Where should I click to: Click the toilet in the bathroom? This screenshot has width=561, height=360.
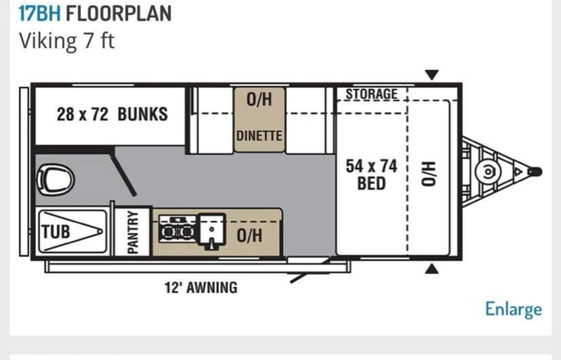click(x=55, y=180)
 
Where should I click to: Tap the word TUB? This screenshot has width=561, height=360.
click(x=55, y=232)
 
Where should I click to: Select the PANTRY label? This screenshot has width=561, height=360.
click(x=132, y=232)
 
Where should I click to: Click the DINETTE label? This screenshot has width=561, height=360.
click(x=259, y=136)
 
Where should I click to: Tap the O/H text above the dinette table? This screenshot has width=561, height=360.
click(x=259, y=99)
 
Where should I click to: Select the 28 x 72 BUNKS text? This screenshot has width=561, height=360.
click(x=112, y=114)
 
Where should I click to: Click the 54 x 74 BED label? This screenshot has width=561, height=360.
click(x=371, y=175)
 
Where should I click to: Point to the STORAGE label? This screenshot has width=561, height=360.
click(x=371, y=94)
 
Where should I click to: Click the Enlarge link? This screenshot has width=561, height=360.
click(x=513, y=309)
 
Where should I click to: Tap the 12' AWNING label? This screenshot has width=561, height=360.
click(x=201, y=288)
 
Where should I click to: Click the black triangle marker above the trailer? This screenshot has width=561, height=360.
click(x=432, y=74)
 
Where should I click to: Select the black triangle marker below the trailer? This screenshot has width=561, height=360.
click(x=432, y=269)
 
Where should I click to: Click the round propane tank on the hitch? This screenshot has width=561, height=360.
click(x=488, y=172)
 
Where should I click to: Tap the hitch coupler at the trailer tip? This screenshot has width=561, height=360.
click(x=535, y=172)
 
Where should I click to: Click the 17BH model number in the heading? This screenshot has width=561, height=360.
click(x=40, y=14)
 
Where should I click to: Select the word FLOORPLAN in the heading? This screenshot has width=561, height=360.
click(x=119, y=14)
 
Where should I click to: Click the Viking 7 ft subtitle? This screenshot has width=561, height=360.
click(x=67, y=41)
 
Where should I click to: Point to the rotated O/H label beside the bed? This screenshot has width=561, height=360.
click(x=429, y=174)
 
